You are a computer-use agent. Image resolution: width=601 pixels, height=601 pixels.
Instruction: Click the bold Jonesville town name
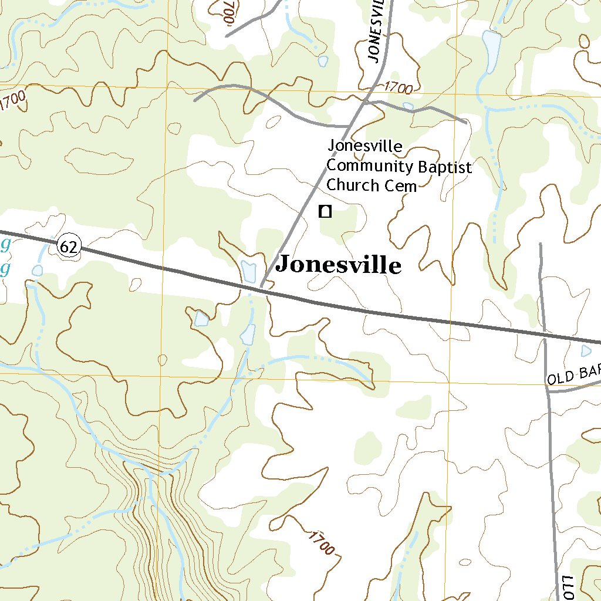pyautogui.click(x=339, y=265)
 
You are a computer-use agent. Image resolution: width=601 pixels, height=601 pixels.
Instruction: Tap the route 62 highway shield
pyautogui.click(x=69, y=247)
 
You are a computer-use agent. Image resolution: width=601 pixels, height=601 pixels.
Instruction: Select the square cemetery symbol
pyautogui.click(x=325, y=212)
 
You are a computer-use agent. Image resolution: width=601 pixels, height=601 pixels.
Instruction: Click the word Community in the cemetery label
pyautogui.click(x=370, y=166)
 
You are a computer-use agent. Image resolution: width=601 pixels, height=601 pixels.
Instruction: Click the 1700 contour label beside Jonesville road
pyautogui.click(x=399, y=88)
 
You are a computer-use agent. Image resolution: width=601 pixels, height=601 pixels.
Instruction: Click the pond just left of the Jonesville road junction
pyautogui.click(x=249, y=271)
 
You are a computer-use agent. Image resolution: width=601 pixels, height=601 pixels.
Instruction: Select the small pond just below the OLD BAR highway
pyautogui.click(x=586, y=350)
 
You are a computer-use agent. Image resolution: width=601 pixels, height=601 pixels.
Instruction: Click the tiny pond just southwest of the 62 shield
pyautogui.click(x=38, y=270)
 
